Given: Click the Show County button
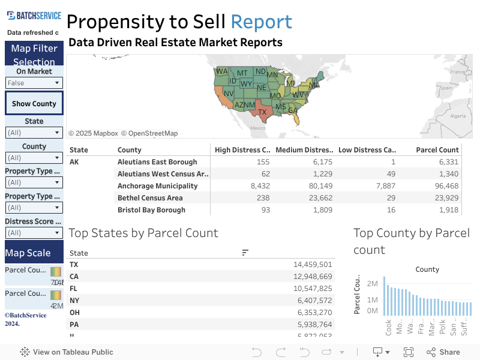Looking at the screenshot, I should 34,103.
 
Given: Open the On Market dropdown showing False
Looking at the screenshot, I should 34,83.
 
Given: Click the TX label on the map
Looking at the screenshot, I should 262,112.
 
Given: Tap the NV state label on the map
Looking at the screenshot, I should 229,94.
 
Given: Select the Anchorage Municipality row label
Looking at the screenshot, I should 157,186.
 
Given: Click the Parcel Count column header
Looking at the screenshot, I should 437,150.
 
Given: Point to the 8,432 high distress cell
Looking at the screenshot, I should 258,186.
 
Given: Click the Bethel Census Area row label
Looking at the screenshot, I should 150,198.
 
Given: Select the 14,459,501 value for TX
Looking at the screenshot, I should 312,265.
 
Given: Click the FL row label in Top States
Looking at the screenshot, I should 74,289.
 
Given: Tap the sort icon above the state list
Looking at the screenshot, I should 245,253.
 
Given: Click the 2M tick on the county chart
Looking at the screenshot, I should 372,283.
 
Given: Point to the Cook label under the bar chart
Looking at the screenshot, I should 389,328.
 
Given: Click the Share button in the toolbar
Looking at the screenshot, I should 443,352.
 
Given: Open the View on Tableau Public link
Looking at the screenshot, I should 67,352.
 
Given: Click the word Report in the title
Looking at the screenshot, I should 262,22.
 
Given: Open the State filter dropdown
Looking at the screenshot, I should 34,133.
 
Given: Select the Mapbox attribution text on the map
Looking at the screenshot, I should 93,133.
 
